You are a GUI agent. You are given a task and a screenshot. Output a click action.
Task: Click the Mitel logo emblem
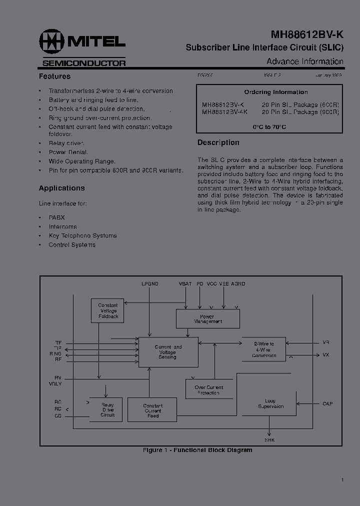(52, 42)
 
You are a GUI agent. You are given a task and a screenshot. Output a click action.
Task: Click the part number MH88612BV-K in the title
(307, 34)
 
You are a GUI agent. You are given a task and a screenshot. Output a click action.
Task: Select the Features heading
(54, 76)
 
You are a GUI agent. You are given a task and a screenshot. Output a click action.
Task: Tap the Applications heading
(61, 188)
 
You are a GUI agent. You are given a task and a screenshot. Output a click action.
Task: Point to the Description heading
(218, 142)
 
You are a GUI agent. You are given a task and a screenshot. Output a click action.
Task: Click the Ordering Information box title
(275, 92)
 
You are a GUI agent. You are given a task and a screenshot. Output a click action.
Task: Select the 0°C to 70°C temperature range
(269, 127)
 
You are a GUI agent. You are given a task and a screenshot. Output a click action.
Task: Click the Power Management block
(207, 318)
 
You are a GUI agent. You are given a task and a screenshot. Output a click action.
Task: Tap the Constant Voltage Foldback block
(107, 310)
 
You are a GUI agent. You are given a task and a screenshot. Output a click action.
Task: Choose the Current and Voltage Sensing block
(168, 352)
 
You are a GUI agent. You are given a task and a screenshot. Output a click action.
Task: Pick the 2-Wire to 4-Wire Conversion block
(263, 349)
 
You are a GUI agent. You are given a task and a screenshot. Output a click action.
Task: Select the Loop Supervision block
(270, 403)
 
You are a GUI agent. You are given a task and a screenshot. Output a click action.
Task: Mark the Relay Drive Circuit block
(107, 409)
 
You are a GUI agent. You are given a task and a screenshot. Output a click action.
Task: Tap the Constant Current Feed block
(152, 410)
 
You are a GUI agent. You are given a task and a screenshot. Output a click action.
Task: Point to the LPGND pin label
(149, 284)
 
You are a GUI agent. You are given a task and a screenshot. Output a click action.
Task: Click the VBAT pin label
(185, 284)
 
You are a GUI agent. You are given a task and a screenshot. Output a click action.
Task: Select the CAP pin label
(327, 404)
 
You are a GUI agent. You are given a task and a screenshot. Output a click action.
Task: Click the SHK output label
(269, 440)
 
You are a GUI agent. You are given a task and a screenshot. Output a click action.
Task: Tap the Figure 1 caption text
(197, 450)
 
